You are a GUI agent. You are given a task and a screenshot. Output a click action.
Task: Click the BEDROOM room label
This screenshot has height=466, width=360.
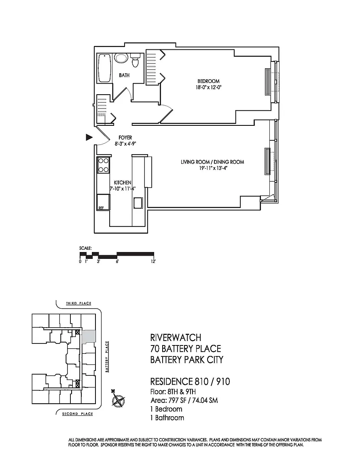208,81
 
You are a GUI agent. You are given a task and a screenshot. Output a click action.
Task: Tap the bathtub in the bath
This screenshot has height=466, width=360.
104,68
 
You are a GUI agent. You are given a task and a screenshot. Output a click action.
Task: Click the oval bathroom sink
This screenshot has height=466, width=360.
121,58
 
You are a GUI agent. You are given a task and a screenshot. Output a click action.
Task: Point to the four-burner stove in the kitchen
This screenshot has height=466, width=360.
103,165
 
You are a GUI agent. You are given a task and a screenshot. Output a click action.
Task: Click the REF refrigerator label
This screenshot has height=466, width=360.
101,208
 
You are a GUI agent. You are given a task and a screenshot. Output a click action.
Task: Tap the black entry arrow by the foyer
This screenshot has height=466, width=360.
89,137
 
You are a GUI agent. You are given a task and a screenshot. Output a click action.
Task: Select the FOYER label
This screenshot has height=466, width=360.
125,138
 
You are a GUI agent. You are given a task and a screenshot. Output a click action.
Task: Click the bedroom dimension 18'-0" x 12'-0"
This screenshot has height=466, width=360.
208,87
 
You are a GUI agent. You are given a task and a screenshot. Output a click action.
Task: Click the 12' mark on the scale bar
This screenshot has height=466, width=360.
153,262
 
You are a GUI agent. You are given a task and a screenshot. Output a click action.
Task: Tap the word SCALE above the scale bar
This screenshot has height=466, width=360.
85,248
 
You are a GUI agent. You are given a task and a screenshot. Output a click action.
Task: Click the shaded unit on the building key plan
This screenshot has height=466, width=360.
89,337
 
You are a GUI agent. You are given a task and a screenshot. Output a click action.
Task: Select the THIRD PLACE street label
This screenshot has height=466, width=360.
78,303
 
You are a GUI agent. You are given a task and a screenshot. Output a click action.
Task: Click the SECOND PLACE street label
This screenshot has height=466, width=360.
77,414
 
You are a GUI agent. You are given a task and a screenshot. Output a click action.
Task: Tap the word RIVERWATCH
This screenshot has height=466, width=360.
176,338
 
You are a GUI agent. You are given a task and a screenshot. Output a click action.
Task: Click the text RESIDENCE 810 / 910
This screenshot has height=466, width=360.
190,381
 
